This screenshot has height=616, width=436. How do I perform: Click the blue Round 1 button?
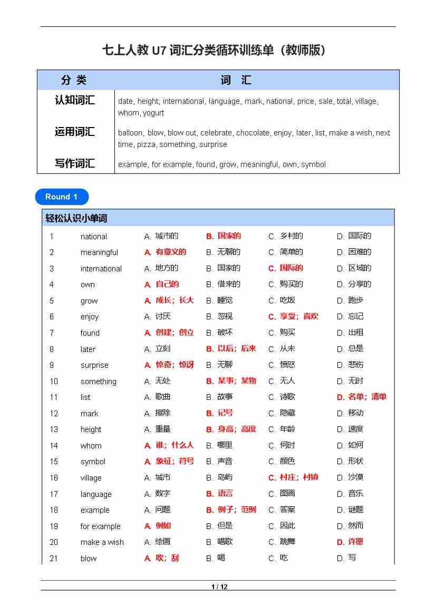click(62, 197)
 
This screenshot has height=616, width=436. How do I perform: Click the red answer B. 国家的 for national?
click(224, 236)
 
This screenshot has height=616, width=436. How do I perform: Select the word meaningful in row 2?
click(99, 252)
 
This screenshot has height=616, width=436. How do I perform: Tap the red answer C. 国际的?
click(286, 268)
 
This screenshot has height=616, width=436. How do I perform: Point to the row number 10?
click(54, 381)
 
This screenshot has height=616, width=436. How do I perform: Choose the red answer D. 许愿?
click(350, 542)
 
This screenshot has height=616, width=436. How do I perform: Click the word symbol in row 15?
click(93, 462)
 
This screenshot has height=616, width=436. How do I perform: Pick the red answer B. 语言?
click(219, 494)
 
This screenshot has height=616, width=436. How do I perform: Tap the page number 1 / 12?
click(219, 586)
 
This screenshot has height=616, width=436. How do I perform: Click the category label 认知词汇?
click(75, 100)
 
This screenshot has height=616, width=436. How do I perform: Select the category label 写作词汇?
click(75, 163)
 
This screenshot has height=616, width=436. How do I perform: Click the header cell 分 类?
click(74, 80)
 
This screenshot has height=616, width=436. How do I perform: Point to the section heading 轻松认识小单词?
click(76, 218)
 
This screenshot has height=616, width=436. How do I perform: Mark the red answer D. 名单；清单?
click(362, 397)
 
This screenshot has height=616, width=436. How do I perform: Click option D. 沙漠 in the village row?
click(351, 477)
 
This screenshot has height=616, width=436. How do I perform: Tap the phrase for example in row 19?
click(100, 526)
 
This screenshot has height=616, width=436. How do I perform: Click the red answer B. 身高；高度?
click(231, 429)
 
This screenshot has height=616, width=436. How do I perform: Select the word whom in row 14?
click(91, 445)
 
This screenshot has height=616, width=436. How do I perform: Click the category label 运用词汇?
click(75, 132)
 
